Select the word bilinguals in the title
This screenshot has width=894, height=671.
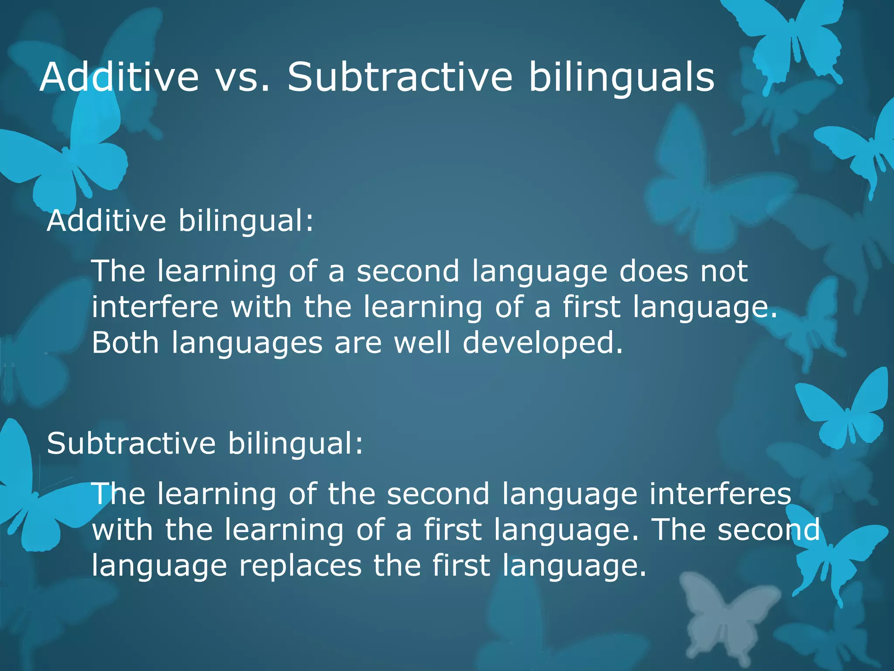(x=622, y=77)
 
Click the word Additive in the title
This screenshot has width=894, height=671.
(x=119, y=77)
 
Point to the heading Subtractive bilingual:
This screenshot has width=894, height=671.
(x=205, y=443)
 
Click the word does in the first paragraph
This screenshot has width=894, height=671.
(x=653, y=271)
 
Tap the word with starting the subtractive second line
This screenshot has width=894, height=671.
(x=123, y=530)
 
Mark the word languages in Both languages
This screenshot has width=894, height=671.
(x=247, y=344)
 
